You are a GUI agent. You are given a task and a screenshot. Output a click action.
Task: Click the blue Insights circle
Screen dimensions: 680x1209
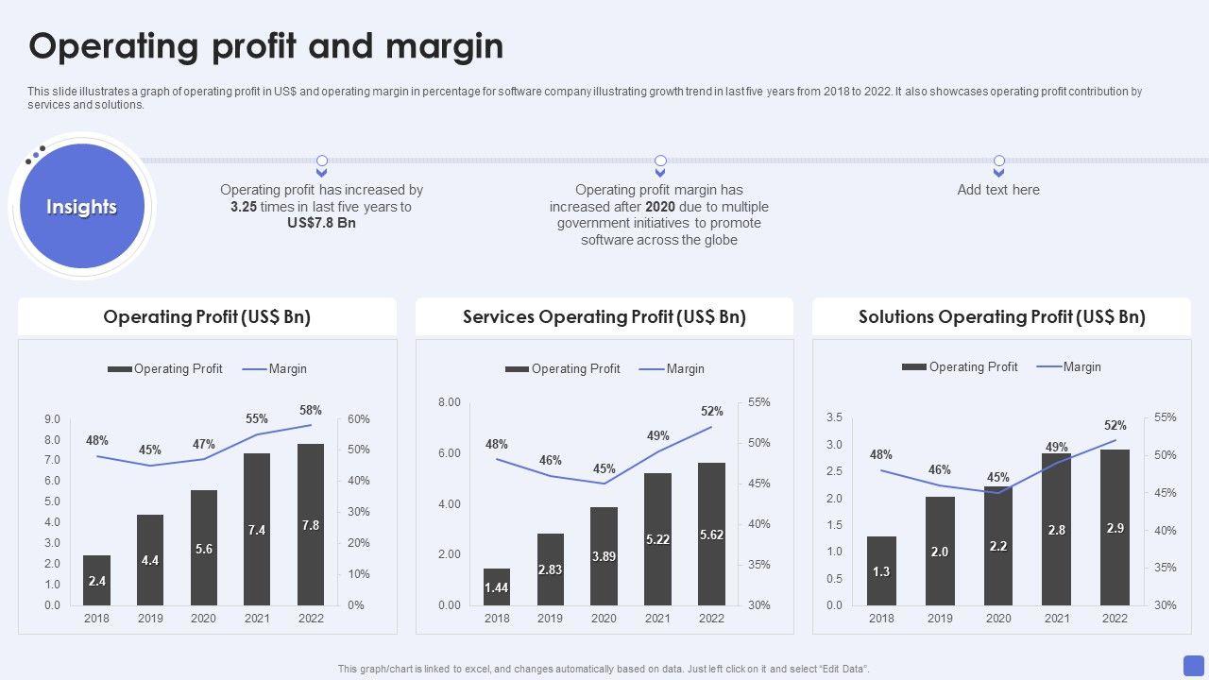[82, 207]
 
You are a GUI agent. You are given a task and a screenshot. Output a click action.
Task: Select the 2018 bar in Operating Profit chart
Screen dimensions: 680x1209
[96, 580]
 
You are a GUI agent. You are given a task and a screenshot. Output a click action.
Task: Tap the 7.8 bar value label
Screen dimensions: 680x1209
[311, 525]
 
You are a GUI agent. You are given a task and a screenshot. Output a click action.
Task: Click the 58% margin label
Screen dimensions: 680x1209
[311, 410]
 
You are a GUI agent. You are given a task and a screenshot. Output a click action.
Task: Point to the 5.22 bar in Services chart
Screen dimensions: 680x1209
[657, 539]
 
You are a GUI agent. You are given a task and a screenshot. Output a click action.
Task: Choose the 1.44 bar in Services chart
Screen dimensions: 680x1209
[497, 586]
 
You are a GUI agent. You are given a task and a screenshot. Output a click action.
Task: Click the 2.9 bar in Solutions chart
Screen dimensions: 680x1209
[1115, 527]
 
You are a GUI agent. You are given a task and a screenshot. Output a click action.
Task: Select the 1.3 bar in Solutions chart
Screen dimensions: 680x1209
[881, 570]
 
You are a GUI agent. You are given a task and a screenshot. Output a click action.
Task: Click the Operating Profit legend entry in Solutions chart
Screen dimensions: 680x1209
[961, 366]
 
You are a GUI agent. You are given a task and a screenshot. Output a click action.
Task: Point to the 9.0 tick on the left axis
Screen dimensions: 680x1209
[52, 419]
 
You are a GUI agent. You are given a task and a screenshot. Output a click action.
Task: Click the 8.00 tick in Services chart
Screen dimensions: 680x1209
[449, 402]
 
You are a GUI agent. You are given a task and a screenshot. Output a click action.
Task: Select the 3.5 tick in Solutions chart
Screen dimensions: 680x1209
[834, 417]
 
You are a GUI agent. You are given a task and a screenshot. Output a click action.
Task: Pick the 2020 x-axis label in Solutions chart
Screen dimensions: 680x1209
[998, 618]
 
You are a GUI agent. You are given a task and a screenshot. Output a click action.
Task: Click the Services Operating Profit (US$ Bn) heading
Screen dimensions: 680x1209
[604, 317]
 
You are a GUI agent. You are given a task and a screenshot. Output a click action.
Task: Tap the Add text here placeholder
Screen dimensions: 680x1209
[998, 190]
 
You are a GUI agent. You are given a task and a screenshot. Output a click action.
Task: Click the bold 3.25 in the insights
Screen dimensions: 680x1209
[244, 207]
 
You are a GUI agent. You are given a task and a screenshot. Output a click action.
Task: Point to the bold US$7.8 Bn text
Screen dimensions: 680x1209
[321, 223]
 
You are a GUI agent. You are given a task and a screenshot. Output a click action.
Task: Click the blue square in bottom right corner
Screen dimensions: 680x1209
[1194, 664]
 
